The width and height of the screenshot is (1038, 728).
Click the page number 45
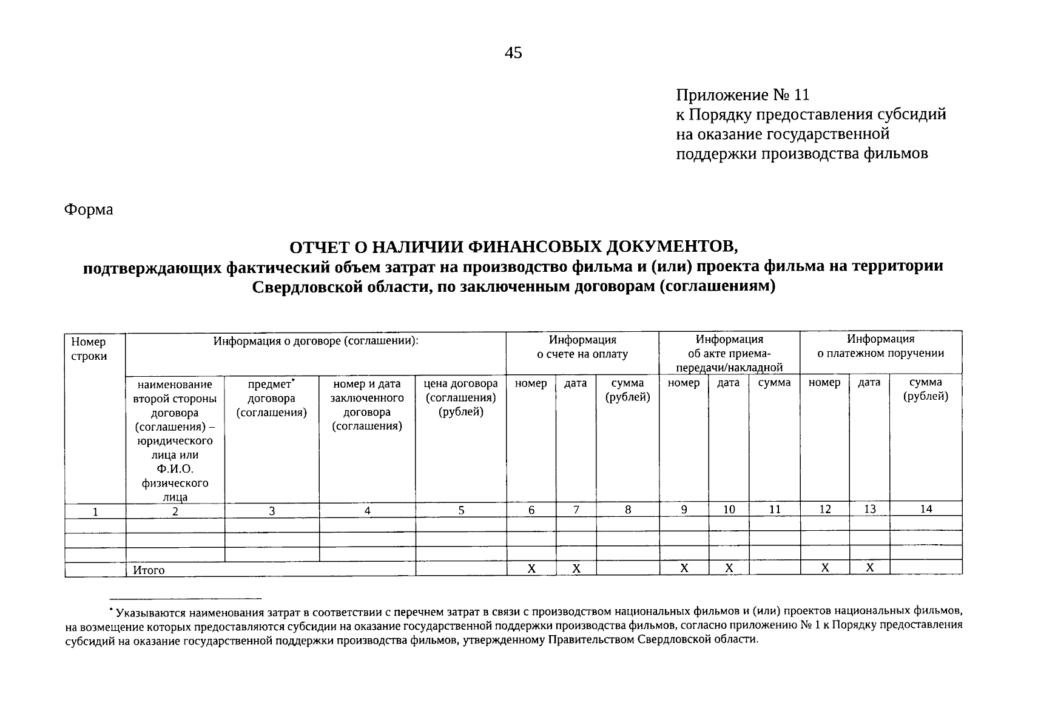point(513,53)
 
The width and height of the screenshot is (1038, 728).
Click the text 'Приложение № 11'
point(743,95)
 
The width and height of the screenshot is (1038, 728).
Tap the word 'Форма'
point(89,210)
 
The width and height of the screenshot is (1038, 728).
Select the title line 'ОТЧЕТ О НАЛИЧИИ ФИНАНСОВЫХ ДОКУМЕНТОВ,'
point(513,246)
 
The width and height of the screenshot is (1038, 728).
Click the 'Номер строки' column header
point(89,349)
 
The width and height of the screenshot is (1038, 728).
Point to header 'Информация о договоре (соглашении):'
point(315,340)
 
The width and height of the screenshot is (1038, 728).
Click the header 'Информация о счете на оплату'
point(582,346)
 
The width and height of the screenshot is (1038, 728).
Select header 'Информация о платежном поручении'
point(880,346)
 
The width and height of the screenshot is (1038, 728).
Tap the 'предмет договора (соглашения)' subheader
point(271,398)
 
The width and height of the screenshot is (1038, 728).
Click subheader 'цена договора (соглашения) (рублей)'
point(460,397)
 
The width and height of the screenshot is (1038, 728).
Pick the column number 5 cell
point(461,510)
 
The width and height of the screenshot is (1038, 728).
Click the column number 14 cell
point(925,509)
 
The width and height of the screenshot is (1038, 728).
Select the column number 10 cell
point(729,510)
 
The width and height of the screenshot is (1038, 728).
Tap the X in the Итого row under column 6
point(531,568)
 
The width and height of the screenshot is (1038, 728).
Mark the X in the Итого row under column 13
point(869,568)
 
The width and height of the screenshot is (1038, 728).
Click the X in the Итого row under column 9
point(684,568)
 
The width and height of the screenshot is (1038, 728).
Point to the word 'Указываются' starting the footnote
point(149,612)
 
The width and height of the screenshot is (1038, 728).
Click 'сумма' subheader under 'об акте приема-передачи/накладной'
point(774,383)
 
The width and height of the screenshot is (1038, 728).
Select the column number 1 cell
point(95,511)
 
